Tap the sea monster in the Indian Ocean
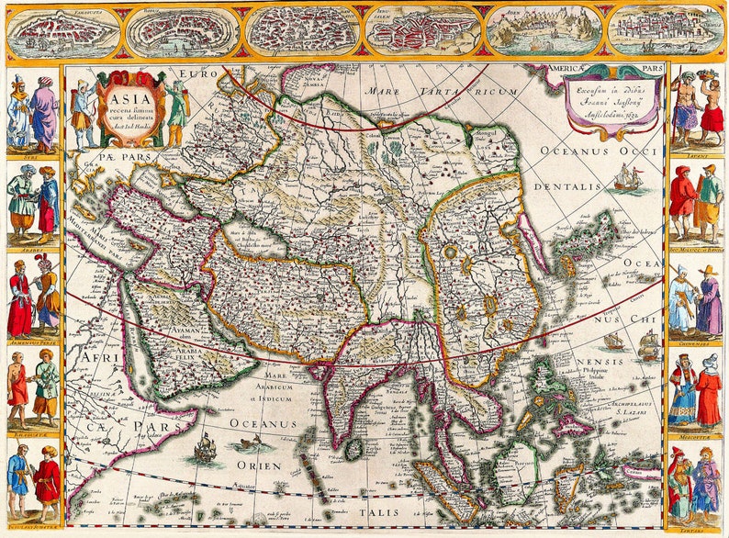point(250,444)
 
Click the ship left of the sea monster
point(205,447)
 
